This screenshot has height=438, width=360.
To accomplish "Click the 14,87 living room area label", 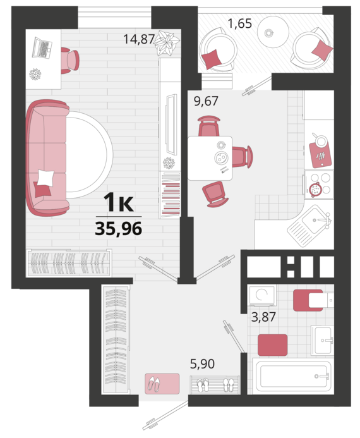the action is (139, 39).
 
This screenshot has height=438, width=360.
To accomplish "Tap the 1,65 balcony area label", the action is (240, 23).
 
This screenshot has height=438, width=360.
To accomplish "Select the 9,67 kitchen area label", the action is (206, 101).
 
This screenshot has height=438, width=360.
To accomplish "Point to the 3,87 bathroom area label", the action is (263, 317).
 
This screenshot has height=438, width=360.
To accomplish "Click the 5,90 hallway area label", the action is (202, 363).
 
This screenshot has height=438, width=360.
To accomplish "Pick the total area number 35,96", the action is (119, 229).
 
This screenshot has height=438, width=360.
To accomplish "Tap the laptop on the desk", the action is (42, 47).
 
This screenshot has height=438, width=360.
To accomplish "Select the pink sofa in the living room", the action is (47, 158).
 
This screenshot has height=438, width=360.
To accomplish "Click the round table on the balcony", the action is (273, 32).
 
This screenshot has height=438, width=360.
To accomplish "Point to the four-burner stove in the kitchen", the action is (319, 185).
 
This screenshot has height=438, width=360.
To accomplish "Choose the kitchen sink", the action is (309, 226).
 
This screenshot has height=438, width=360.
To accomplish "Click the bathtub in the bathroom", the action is (293, 376).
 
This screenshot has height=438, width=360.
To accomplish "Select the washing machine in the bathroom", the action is (262, 295).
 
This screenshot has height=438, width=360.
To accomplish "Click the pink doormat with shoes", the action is (162, 384).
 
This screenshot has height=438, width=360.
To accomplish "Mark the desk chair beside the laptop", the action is (69, 61).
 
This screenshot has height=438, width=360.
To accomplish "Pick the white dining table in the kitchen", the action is (210, 158).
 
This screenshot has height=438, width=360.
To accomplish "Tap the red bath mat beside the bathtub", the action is (272, 345).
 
